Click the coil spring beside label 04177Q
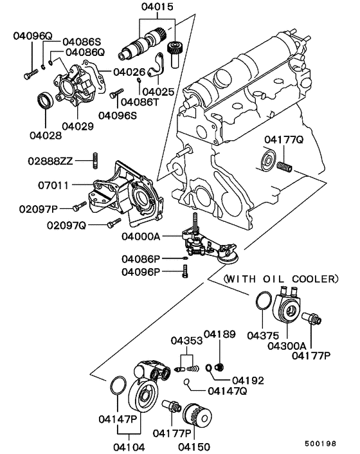(x=285, y=167)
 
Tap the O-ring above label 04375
(x=263, y=302)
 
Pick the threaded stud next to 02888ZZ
(x=96, y=158)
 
